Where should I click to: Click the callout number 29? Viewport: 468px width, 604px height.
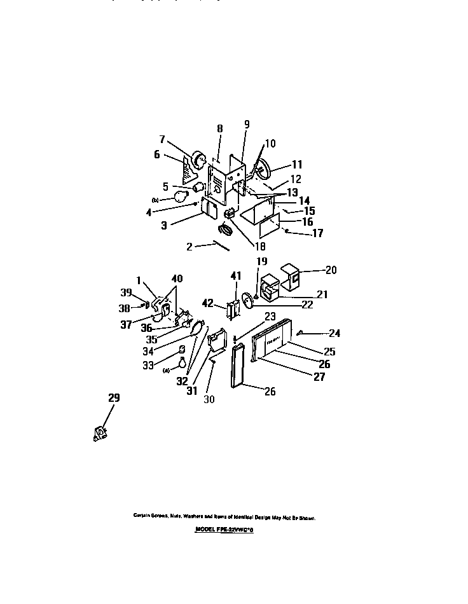point(114,398)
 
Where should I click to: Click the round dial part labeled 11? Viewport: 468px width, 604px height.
point(261,169)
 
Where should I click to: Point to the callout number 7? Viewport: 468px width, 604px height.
point(162,139)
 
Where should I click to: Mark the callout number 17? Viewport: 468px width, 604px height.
point(317,233)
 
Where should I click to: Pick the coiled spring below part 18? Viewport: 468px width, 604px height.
point(226,228)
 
